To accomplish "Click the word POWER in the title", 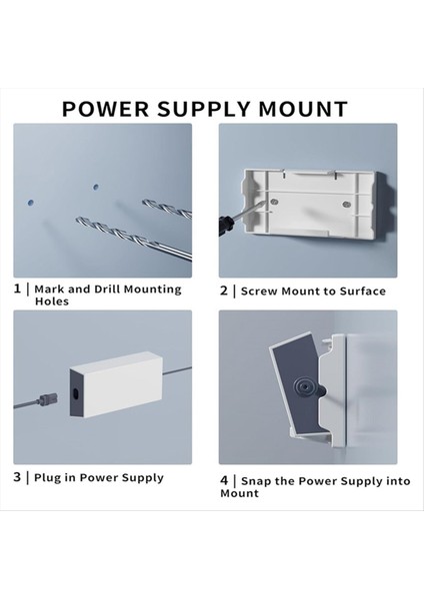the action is pyautogui.click(x=106, y=109).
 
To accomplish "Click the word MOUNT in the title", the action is pyautogui.click(x=303, y=109).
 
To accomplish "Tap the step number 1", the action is pyautogui.click(x=17, y=289).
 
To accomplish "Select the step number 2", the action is pyautogui.click(x=224, y=291).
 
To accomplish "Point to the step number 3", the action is pyautogui.click(x=17, y=477).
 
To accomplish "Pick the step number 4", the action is pyautogui.click(x=224, y=480).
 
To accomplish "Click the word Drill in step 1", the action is pyautogui.click(x=107, y=289).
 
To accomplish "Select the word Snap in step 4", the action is pyautogui.click(x=256, y=481).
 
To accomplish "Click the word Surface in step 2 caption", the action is pyautogui.click(x=363, y=292).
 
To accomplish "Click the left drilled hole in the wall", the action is pyautogui.click(x=31, y=202).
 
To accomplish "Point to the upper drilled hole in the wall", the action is pyautogui.click(x=96, y=188).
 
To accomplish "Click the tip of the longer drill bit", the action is pyautogui.click(x=78, y=220).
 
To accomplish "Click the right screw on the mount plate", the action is pyautogui.click(x=346, y=205).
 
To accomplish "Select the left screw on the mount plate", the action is pyautogui.click(x=274, y=201).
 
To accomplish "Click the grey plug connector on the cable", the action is pyautogui.click(x=48, y=399).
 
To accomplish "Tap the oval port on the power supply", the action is pyautogui.click(x=75, y=393).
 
